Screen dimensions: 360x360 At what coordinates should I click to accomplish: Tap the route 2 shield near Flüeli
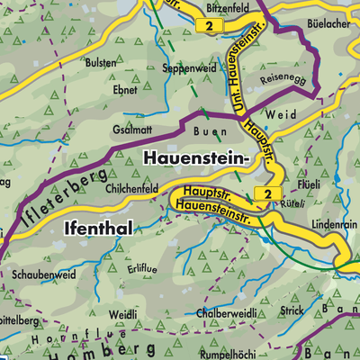click(267, 193)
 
